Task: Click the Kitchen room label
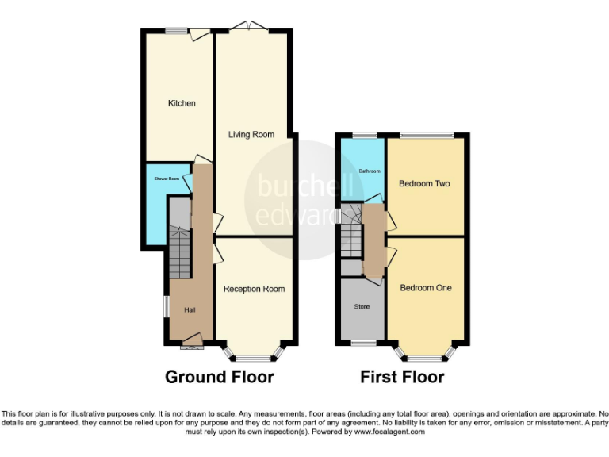182,103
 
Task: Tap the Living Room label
251,135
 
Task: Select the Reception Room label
254,289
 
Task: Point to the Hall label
190,309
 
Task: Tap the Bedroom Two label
424,184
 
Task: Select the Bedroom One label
425,288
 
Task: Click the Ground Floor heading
219,377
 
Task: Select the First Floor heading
402,377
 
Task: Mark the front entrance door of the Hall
191,344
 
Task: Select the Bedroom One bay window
427,354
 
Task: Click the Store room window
363,344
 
